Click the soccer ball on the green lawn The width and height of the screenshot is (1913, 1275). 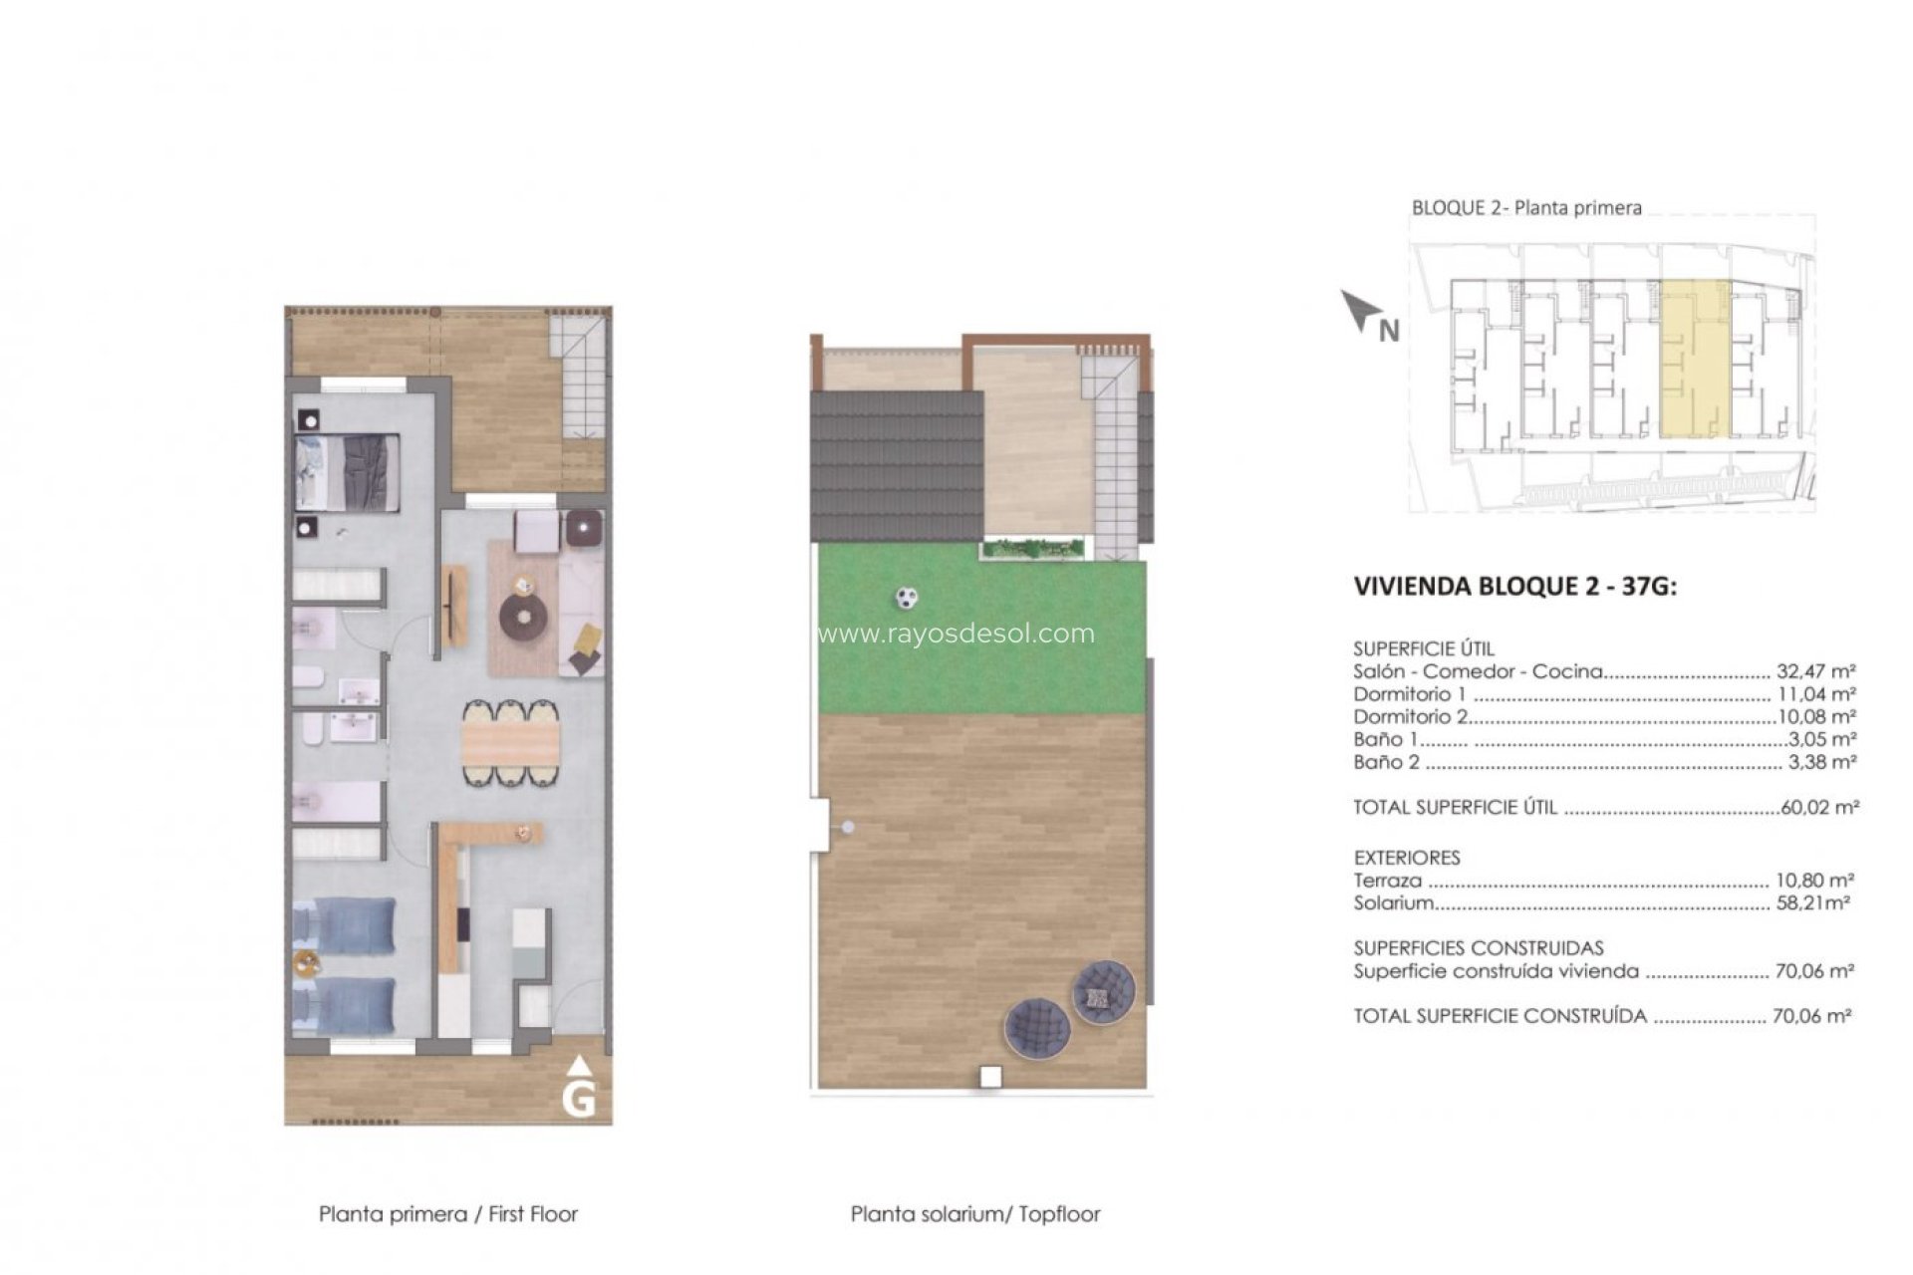coord(906,598)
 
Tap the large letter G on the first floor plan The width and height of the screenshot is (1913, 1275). coord(579,1100)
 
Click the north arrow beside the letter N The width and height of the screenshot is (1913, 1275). coord(1356,311)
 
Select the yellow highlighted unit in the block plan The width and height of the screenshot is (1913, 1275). coord(1694,360)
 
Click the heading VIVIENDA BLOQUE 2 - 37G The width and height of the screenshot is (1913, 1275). coord(1514,586)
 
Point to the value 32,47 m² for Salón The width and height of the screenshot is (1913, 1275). coord(1815,671)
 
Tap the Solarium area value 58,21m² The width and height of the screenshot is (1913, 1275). coord(1812,903)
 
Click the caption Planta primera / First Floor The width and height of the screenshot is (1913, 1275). coord(447,1214)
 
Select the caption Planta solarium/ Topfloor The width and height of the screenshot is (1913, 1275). coord(974,1214)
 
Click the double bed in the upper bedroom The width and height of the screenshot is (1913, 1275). coord(347,473)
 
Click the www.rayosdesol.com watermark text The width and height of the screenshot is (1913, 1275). coord(956,634)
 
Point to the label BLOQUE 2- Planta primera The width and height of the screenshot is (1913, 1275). coord(1525,208)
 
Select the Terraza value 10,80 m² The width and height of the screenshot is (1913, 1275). coord(1814,881)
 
